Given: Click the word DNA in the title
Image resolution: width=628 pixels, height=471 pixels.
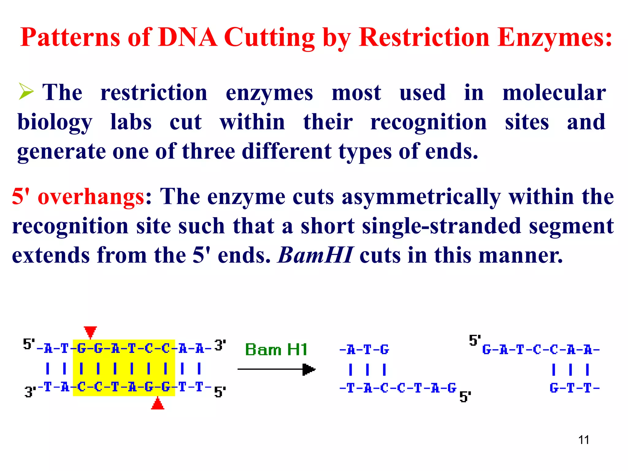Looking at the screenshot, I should [x=188, y=37].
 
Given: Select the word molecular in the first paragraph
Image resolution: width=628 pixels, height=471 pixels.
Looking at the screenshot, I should [x=554, y=92].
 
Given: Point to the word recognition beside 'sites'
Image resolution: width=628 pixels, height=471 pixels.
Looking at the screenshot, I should [x=428, y=122].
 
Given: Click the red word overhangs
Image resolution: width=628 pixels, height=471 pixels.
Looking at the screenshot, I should [x=91, y=197].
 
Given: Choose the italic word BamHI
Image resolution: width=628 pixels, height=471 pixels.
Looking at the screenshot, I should [x=315, y=255].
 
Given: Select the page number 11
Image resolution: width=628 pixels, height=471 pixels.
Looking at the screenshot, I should [x=584, y=440].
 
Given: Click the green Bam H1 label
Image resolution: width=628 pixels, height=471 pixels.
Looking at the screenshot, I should [x=276, y=350].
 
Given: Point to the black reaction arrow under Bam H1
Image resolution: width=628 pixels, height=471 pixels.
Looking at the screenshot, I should [x=276, y=369].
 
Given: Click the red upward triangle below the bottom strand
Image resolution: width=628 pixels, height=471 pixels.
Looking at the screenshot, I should [x=158, y=404].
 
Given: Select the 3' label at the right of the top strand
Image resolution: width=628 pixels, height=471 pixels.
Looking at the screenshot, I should [x=220, y=346].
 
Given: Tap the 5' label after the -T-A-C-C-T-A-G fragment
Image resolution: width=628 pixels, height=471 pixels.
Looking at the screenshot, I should [x=465, y=397].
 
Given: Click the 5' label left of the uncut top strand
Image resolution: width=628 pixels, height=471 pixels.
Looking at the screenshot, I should [x=29, y=344].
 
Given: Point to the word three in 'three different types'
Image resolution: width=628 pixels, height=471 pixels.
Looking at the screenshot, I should [x=209, y=151].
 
